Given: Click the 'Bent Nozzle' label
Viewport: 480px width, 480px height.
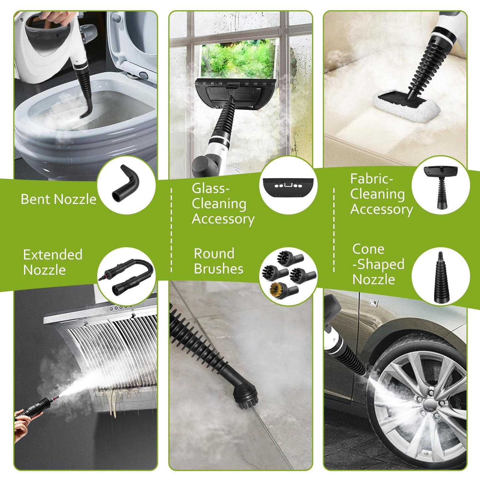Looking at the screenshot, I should (x=58, y=199).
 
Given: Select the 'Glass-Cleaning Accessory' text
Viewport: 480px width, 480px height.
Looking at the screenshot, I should (x=223, y=204).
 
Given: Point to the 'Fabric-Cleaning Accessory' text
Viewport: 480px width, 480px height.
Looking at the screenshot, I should (x=381, y=194).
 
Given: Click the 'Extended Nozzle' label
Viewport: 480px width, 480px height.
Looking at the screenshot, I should (x=52, y=262).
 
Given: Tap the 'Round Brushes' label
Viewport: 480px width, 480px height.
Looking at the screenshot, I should (x=218, y=261).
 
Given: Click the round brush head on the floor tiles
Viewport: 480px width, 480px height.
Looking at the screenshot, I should (x=244, y=394).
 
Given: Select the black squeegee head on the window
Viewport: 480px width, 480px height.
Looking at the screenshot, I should (x=235, y=93).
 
